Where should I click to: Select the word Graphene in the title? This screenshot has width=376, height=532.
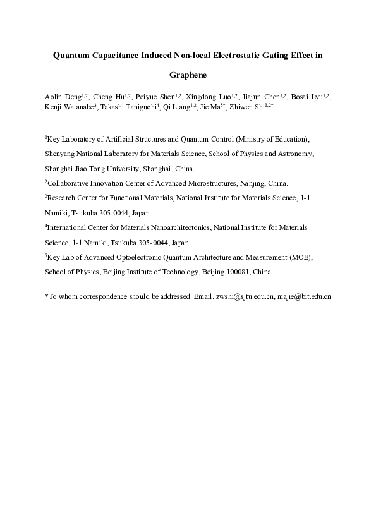pyautogui.click(x=188, y=75)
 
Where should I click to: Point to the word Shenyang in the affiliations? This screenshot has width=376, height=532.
pyautogui.click(x=61, y=153)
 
